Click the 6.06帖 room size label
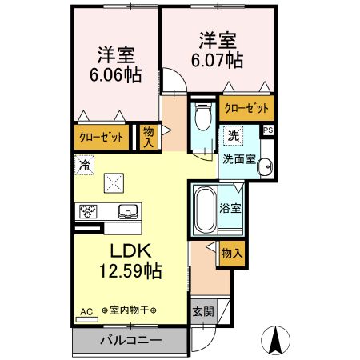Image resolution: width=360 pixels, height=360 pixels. tap(116, 74)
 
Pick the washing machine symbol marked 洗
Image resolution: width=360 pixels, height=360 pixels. tap(233, 136)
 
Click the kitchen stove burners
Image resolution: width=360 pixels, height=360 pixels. tap(87, 212)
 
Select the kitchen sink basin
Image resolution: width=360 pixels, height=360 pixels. tap(127, 212)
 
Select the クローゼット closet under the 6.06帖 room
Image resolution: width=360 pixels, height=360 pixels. tap(102, 137)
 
